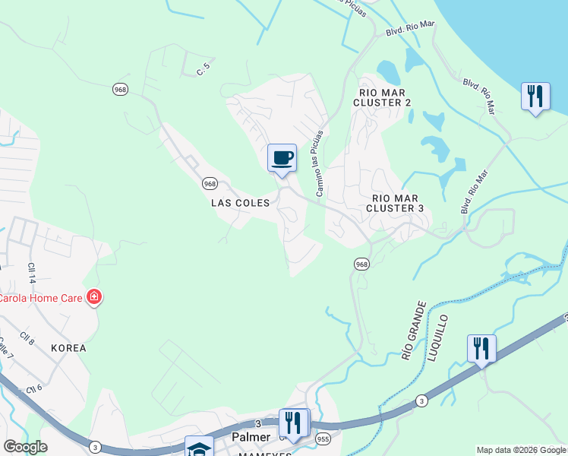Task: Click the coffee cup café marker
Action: (x=282, y=158)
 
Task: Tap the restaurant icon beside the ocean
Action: (x=535, y=97)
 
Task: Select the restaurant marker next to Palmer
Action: (x=293, y=423)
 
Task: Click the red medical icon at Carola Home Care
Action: (x=93, y=296)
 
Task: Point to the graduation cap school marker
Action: (x=198, y=448)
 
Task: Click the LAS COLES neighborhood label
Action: (x=240, y=204)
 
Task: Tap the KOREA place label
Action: (x=69, y=348)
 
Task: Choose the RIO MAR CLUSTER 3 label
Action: (x=395, y=201)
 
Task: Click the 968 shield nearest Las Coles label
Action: (x=210, y=184)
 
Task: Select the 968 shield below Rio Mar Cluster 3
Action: (x=361, y=264)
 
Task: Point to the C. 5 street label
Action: (x=203, y=71)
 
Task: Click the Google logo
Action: (x=25, y=447)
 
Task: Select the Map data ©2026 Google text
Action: (x=521, y=450)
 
